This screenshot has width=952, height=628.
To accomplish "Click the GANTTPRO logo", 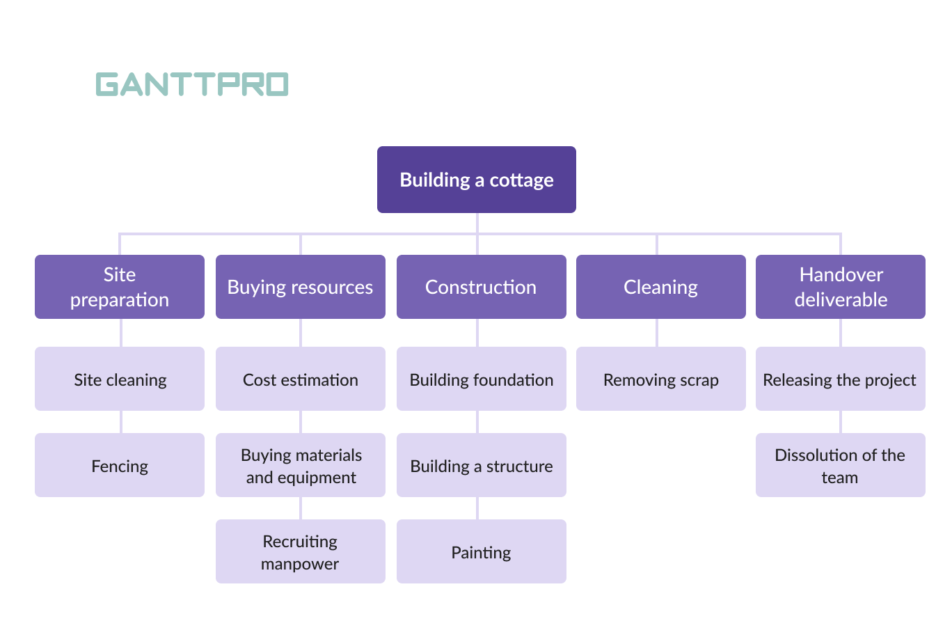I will pyautogui.click(x=192, y=84).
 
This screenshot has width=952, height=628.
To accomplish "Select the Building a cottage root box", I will pyautogui.click(x=477, y=180).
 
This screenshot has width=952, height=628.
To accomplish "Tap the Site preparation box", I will pyautogui.click(x=120, y=287).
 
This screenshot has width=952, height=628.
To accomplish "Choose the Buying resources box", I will pyautogui.click(x=301, y=287).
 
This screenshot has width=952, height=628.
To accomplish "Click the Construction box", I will pyautogui.click(x=482, y=287).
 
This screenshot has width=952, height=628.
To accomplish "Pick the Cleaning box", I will pyautogui.click(x=661, y=287).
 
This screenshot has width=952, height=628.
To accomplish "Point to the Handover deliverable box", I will pyautogui.click(x=841, y=287).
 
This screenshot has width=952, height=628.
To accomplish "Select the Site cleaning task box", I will pyautogui.click(x=120, y=379).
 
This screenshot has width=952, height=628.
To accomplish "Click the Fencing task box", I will pyautogui.click(x=120, y=465).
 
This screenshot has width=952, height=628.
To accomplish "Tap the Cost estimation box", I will pyautogui.click(x=301, y=379).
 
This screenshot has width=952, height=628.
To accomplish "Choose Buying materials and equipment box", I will pyautogui.click(x=301, y=465).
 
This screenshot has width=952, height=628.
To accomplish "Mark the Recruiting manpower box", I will pyautogui.click(x=301, y=551).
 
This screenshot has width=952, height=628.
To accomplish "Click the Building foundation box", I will pyautogui.click(x=482, y=379).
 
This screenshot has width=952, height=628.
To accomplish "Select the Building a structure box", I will pyautogui.click(x=482, y=465).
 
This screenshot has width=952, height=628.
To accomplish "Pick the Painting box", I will pyautogui.click(x=482, y=551).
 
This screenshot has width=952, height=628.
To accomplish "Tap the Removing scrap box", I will pyautogui.click(x=661, y=379).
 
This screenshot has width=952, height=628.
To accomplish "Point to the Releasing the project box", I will pyautogui.click(x=841, y=379).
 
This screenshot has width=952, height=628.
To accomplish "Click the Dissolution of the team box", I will pyautogui.click(x=841, y=465).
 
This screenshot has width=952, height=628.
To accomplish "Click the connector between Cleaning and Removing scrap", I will pyautogui.click(x=657, y=333).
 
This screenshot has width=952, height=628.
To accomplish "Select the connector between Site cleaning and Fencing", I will pyautogui.click(x=121, y=422).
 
